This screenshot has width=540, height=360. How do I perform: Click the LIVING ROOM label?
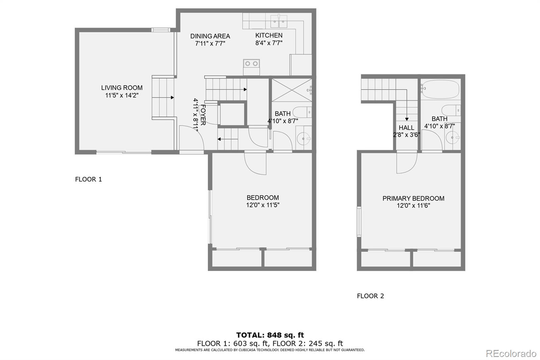[122, 88]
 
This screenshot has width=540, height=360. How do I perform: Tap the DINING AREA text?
[210, 36]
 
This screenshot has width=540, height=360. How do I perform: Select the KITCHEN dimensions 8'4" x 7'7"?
[269, 43]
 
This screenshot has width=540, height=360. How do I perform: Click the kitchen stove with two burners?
[251, 63]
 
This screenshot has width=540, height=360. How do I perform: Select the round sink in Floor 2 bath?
[452, 137]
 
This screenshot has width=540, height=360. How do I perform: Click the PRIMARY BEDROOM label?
[413, 199]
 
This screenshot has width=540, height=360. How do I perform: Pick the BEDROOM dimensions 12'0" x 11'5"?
[263, 205]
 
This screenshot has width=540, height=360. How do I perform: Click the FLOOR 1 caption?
[88, 179]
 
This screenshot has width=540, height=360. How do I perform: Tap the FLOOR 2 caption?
[370, 296]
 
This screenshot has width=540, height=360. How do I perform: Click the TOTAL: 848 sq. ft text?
[270, 335]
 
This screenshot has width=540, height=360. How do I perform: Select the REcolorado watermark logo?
[511, 354]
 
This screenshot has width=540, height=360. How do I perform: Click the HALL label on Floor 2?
[406, 128]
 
